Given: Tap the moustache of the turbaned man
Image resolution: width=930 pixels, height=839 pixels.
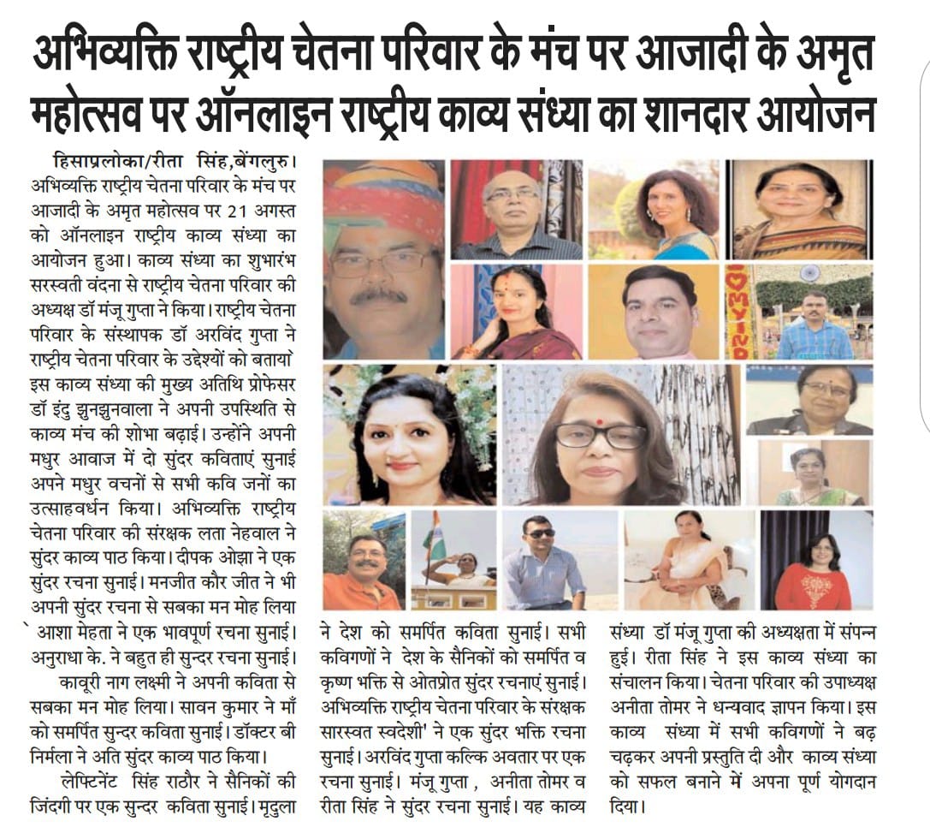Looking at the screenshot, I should point(377,295).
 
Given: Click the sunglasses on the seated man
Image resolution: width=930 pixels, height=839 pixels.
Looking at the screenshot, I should point(540,534).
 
